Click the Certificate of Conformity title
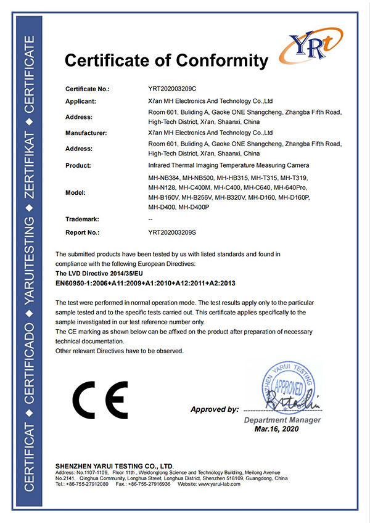(x=166, y=60)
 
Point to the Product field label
(x=79, y=165)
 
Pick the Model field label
(x=76, y=192)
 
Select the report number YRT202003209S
(x=172, y=233)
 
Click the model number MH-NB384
(x=165, y=178)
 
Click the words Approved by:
(x=214, y=409)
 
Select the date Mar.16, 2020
(x=276, y=428)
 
